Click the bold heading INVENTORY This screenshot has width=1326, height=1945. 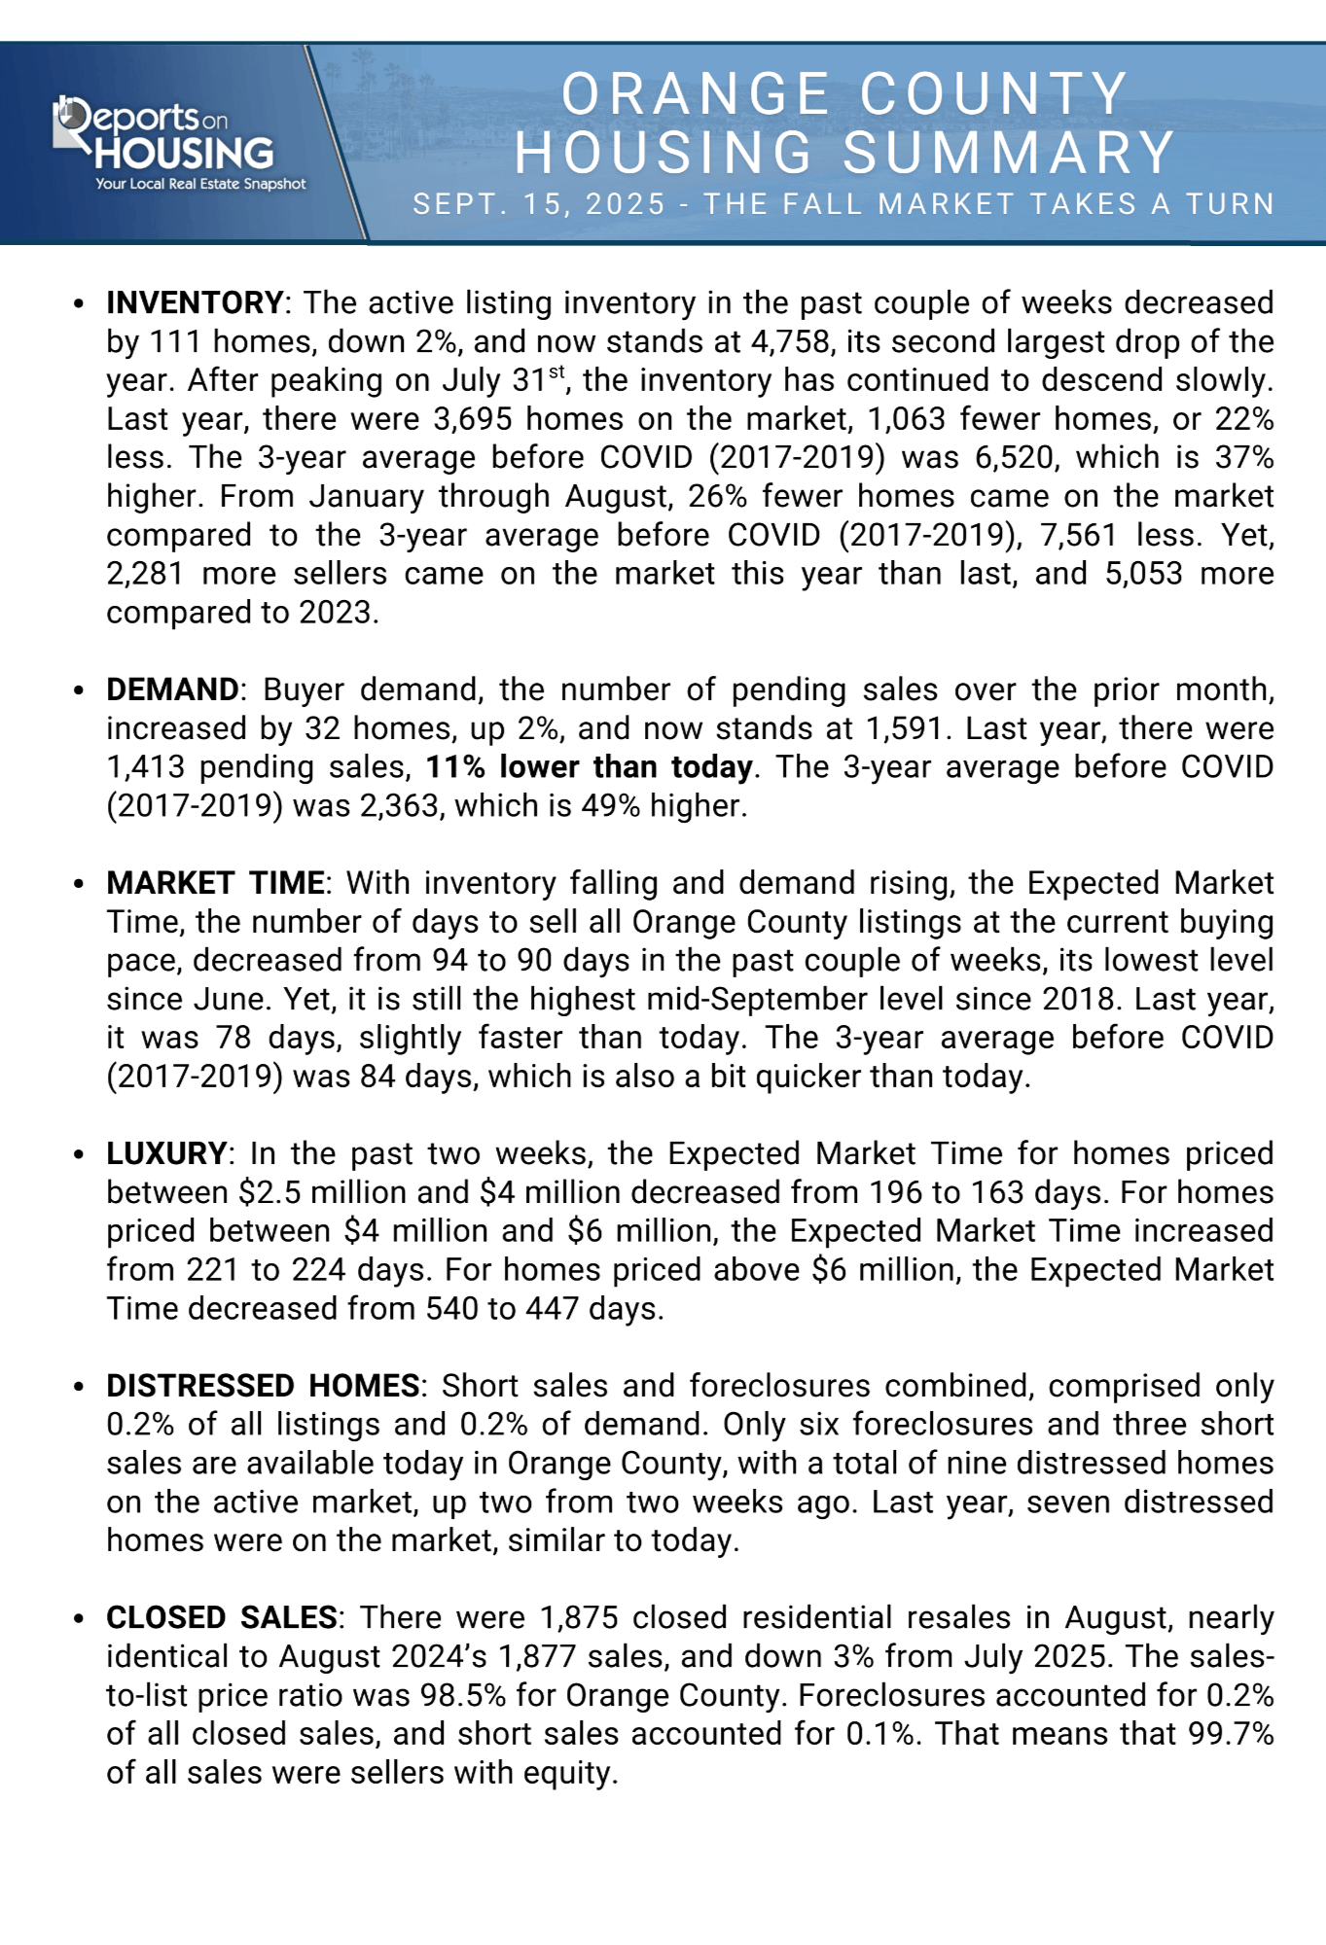click(195, 303)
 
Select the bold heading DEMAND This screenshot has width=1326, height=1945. click(172, 690)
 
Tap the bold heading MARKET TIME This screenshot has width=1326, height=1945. click(215, 883)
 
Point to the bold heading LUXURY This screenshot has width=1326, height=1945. click(166, 1153)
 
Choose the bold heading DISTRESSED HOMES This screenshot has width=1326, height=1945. click(263, 1386)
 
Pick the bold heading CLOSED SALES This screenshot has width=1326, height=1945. click(222, 1617)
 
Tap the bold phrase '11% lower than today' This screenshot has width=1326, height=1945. click(589, 767)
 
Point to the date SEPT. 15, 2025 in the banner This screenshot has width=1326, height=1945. click(539, 204)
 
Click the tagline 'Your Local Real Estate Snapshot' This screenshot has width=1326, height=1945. click(200, 184)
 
